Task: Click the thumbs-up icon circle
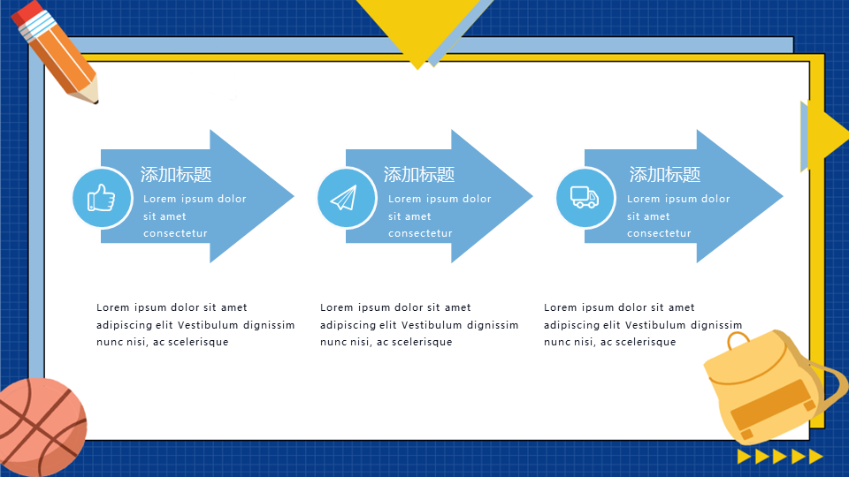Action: point(102,198)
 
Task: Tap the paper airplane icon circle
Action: point(347,198)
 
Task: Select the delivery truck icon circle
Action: point(585,198)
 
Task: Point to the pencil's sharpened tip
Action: point(96,101)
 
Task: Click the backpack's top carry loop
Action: point(738,340)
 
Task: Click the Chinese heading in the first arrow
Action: point(176,175)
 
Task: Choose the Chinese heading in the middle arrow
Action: point(419,175)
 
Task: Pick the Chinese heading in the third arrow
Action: point(664,175)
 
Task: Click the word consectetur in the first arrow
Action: point(175,233)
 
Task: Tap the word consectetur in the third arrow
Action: point(659,233)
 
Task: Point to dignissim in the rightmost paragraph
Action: point(716,325)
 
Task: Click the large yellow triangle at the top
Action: point(417,27)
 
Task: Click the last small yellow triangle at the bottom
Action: point(816,457)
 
